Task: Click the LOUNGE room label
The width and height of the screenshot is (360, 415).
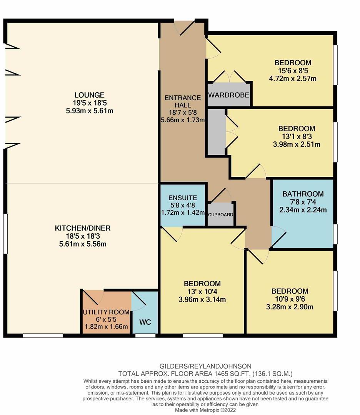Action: pyautogui.click(x=89, y=95)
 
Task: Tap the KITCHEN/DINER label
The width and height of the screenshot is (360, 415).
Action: pyautogui.click(x=83, y=228)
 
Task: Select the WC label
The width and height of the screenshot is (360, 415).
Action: pyautogui.click(x=145, y=322)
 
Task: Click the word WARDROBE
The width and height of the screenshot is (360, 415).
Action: pyautogui.click(x=228, y=95)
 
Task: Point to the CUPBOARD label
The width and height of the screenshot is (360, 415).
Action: pyautogui.click(x=220, y=215)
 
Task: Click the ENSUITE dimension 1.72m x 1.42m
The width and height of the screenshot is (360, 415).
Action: pyautogui.click(x=183, y=212)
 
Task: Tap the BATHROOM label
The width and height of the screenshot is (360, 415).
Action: pyautogui.click(x=303, y=194)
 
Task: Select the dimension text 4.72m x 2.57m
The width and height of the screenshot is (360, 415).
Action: pyautogui.click(x=292, y=78)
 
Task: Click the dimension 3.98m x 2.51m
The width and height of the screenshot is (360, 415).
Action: pyautogui.click(x=297, y=144)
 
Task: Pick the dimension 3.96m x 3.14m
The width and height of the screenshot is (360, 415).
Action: pyautogui.click(x=202, y=299)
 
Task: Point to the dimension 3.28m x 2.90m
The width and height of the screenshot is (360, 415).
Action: pyautogui.click(x=290, y=307)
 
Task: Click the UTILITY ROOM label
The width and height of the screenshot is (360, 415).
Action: pyautogui.click(x=106, y=312)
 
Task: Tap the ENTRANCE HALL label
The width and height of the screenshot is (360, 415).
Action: pyautogui.click(x=183, y=101)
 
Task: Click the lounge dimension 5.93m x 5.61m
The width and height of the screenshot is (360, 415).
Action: pyautogui.click(x=90, y=111)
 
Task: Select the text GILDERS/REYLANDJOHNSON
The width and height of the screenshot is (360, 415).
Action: pyautogui.click(x=205, y=366)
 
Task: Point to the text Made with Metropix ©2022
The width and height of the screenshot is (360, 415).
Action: pyautogui.click(x=205, y=410)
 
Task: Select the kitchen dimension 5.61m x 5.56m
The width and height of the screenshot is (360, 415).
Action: pyautogui.click(x=83, y=244)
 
